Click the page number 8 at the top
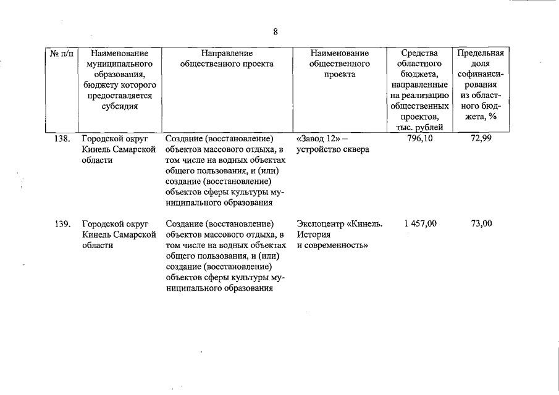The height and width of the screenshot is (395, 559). (275, 32)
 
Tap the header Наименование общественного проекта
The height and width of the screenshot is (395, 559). (340, 64)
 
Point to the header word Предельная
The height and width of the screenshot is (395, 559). (481, 54)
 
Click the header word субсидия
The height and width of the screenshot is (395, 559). (119, 106)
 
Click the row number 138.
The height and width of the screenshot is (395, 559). (62, 138)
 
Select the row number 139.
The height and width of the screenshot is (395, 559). (62, 223)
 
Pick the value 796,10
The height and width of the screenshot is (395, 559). (420, 138)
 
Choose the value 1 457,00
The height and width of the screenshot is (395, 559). (420, 223)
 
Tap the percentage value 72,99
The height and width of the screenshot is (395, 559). (481, 138)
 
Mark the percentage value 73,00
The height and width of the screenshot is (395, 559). (481, 223)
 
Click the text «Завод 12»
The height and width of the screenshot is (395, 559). (317, 138)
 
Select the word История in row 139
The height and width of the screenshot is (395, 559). (313, 235)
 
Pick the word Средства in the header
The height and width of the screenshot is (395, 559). (420, 54)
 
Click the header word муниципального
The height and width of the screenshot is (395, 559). (119, 64)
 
